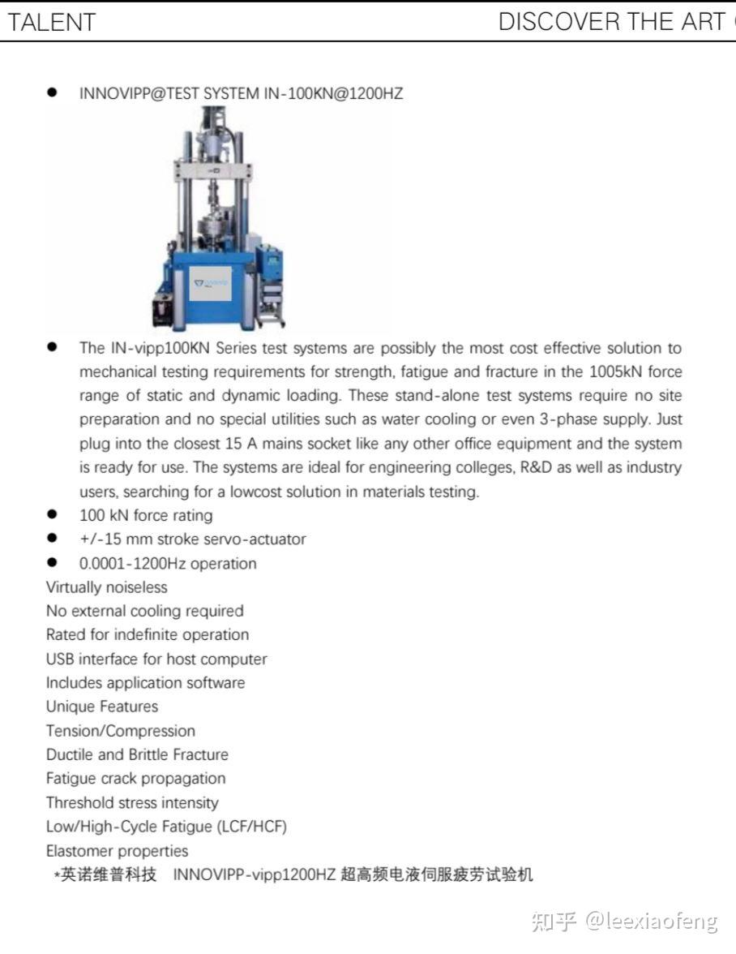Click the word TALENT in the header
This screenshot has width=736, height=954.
point(52,22)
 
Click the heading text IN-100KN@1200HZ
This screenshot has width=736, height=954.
point(334,93)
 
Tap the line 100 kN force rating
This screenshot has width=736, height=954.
point(146,515)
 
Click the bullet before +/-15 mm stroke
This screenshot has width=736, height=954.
point(53,538)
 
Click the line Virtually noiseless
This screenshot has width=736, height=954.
point(106,587)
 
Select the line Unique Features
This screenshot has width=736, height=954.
point(102,707)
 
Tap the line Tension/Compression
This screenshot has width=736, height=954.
point(120,731)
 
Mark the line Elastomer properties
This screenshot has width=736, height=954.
point(117,851)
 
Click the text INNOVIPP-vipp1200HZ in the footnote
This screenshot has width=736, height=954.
point(255,875)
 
